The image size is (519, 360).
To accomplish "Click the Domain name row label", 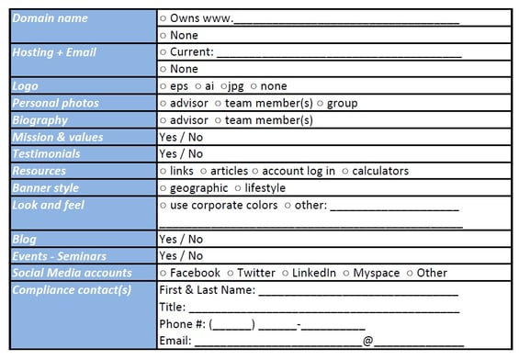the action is [51, 18].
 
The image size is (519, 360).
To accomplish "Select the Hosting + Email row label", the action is [54, 52].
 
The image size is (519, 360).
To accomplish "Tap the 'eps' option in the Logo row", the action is [178, 86].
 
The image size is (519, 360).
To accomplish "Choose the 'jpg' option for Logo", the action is [236, 86].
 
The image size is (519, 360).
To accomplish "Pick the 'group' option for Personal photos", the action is [342, 103].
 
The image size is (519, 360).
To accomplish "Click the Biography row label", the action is [39, 120].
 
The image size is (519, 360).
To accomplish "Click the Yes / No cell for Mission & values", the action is [181, 137].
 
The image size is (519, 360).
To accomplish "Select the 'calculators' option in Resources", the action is [380, 171].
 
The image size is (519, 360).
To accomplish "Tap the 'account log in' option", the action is [298, 171].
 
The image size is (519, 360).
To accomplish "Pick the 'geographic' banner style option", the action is [200, 188].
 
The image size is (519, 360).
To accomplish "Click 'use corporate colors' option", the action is [223, 205].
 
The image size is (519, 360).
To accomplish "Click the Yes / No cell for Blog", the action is [181, 239].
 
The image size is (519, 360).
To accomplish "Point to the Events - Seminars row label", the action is [59, 255].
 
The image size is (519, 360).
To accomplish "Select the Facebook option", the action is [195, 273].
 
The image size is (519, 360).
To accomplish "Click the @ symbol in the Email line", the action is [367, 341].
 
